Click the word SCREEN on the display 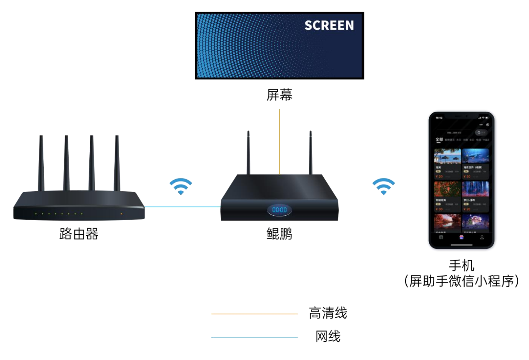point(329,25)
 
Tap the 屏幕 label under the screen point(279,95)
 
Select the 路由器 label point(79,234)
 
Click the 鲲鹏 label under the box point(279,234)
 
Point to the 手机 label point(461,265)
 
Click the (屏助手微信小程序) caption point(461,281)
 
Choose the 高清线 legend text point(328,313)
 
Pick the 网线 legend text point(328,337)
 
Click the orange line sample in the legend point(254,314)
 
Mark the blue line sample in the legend point(254,337)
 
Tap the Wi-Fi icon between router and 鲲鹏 point(181,186)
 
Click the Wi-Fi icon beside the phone point(384,186)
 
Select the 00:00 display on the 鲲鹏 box point(279,210)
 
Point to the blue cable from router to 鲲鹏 point(182,207)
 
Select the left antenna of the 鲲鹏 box point(249,154)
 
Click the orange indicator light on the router point(122,214)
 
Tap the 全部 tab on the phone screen point(439,140)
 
